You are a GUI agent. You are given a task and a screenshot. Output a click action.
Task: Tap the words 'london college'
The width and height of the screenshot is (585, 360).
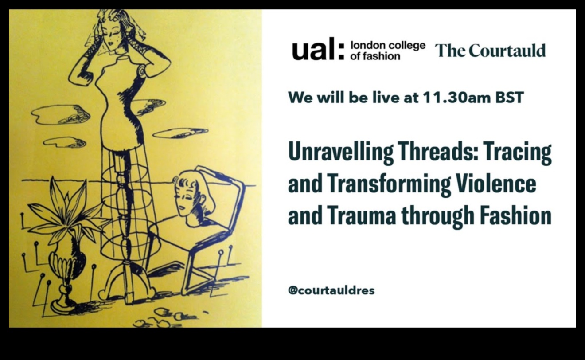click(388, 46)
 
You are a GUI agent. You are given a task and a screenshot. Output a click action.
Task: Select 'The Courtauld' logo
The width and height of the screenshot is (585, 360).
click(490, 51)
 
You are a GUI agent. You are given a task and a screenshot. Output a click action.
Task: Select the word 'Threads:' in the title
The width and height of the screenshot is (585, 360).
click(438, 152)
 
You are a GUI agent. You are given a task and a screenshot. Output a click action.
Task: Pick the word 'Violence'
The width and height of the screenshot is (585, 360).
click(496, 184)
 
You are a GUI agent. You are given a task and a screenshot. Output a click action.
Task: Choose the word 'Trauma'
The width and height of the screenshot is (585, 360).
click(361, 215)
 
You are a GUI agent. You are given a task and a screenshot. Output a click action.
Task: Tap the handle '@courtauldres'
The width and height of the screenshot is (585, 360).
click(331, 290)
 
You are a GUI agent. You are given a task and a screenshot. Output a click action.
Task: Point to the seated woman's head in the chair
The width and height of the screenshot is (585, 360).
click(192, 193)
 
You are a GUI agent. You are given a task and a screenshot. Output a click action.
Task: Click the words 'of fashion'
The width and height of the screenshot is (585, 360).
click(375, 56)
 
